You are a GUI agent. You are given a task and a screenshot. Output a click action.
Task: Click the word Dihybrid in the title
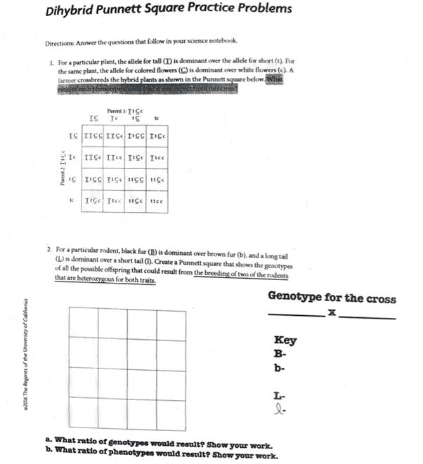click(70, 11)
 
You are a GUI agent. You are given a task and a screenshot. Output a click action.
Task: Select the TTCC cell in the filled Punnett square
click(92, 135)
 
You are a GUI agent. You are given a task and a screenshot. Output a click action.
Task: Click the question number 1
click(51, 62)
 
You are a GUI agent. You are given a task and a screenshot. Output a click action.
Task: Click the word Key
click(285, 340)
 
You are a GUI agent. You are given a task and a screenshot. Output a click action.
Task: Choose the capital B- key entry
click(279, 354)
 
